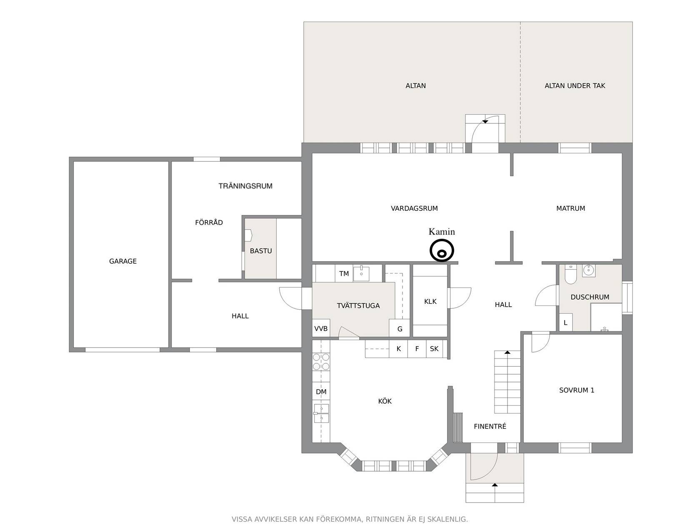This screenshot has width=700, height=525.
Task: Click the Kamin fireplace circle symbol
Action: [x=441, y=250]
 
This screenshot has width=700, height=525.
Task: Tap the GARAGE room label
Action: [x=123, y=261]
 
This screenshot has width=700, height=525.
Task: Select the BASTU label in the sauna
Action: [x=261, y=251]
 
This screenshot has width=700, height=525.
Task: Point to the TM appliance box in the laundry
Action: [x=344, y=273]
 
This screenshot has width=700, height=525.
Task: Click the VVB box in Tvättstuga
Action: [x=321, y=328]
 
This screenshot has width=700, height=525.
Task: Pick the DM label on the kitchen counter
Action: [x=321, y=392]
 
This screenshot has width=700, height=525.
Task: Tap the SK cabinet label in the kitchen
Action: [x=434, y=349]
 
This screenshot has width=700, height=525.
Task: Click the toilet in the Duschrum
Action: [x=570, y=274]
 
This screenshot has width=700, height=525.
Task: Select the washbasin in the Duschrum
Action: [x=588, y=271]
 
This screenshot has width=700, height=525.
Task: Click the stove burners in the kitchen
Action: [x=321, y=362]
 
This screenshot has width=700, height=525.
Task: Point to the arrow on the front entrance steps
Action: [x=495, y=485]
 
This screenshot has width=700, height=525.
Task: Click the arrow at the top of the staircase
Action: [x=507, y=352]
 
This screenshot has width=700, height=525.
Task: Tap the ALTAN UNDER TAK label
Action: [x=575, y=86]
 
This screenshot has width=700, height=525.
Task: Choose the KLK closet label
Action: [x=430, y=301]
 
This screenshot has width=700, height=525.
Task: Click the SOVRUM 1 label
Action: [x=577, y=390]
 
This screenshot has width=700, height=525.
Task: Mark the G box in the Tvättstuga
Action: [x=400, y=328]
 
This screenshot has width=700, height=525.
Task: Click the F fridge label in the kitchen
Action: [x=417, y=349]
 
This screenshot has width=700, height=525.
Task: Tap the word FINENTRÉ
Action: [x=490, y=426]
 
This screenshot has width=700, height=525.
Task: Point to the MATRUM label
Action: [x=570, y=208]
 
